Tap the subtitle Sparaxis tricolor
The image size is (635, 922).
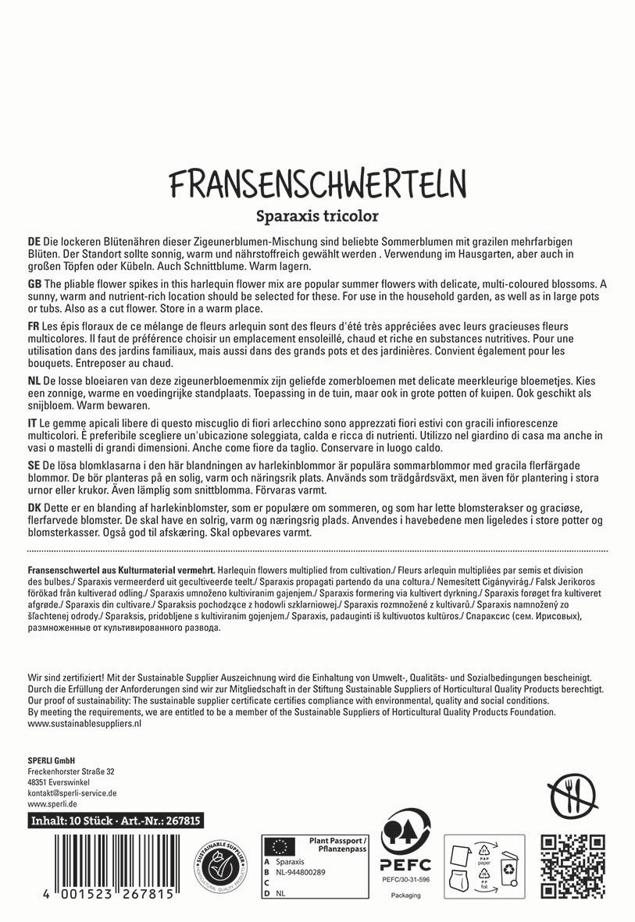[x=317, y=215]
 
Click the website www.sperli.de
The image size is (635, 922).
[x=52, y=803]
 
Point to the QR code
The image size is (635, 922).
[x=573, y=867]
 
